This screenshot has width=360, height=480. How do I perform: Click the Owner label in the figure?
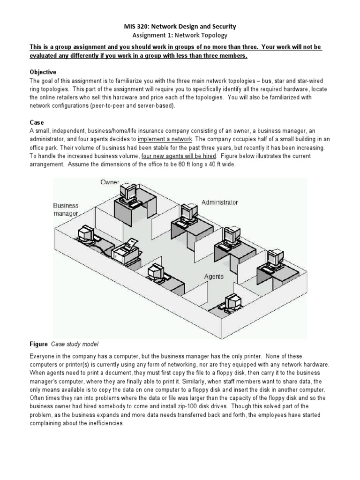tap(110, 182)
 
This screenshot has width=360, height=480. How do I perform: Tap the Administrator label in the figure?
tap(220, 202)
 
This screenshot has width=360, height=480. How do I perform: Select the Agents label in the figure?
tap(214, 277)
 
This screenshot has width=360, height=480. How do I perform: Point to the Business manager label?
tap(66, 210)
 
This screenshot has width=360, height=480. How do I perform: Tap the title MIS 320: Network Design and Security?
tap(180, 27)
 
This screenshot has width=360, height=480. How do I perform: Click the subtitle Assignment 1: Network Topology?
tap(180, 36)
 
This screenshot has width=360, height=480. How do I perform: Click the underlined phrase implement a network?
tap(165, 139)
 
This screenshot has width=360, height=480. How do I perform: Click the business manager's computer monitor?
tap(86, 233)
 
